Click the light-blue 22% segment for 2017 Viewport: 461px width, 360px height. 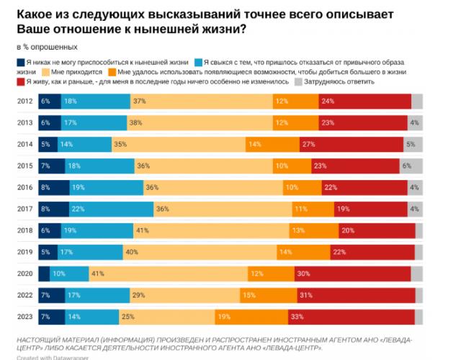(x=112, y=210)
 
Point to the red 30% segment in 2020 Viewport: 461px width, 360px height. (x=352, y=274)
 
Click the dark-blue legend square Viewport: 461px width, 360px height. (x=19, y=63)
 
